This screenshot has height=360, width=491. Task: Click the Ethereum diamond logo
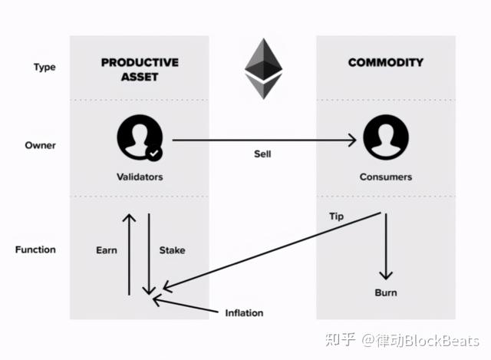(x=263, y=68)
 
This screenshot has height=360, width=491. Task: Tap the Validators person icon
(x=139, y=139)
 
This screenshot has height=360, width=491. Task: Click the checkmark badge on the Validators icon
(x=154, y=154)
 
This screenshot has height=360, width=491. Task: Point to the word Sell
(x=262, y=154)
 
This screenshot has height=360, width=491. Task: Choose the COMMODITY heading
(x=386, y=62)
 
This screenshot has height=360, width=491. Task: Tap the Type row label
(x=44, y=67)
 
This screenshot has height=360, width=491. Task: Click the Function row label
(x=36, y=249)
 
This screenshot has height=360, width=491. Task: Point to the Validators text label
(x=139, y=177)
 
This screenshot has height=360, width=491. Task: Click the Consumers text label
(x=386, y=177)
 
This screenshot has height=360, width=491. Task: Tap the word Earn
(x=107, y=250)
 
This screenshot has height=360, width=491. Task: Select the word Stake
(x=172, y=250)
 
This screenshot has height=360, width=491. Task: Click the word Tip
(x=336, y=216)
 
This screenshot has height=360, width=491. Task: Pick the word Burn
(x=386, y=292)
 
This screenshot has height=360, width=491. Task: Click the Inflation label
(x=244, y=312)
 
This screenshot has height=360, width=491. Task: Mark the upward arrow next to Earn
(x=129, y=253)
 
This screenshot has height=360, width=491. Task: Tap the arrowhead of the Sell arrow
(x=354, y=140)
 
